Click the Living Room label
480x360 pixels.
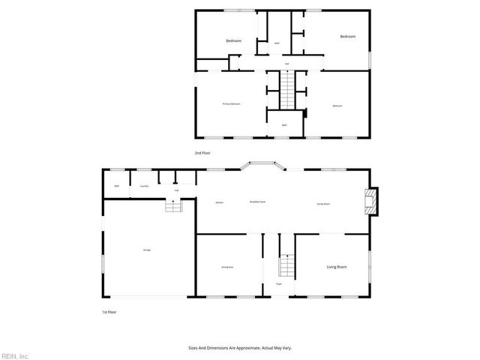336,267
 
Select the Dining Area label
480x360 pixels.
227,267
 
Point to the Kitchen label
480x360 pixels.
220,202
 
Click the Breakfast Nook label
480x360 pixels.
259,202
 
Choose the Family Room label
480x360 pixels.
322,202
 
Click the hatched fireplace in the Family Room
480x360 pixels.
368,199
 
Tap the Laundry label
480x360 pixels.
144,186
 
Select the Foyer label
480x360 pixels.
278,284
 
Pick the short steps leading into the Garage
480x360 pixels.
174,206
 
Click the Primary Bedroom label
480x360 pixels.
231,104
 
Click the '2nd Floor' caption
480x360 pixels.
202,152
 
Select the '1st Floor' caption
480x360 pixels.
109,312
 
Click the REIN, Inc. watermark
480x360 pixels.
15,355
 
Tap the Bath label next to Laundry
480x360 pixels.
116,186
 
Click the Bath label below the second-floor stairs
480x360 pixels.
284,124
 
